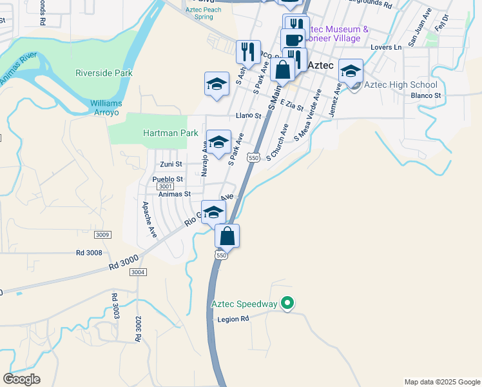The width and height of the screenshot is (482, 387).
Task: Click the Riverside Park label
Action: (x=104, y=73)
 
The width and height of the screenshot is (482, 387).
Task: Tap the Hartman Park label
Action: (x=170, y=133)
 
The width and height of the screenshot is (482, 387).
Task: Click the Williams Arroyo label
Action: (x=105, y=108)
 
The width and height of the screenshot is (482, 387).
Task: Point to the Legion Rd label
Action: (x=233, y=319)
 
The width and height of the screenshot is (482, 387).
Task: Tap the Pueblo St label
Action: (x=168, y=179)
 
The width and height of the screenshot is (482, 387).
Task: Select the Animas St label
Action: (x=175, y=193)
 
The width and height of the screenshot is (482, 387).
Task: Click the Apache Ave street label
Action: (x=149, y=219)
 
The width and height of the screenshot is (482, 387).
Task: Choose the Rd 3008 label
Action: (x=89, y=253)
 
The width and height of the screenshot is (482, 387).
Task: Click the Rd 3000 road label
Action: (x=123, y=261)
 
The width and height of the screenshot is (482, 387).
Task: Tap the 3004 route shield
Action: (x=137, y=272)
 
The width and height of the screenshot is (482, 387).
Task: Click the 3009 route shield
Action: (x=102, y=234)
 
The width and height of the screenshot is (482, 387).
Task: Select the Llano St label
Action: (x=248, y=116)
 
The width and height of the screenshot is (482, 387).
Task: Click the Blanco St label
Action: (x=425, y=95)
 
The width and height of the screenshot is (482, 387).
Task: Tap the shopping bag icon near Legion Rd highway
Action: (x=227, y=236)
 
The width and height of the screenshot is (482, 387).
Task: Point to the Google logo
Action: (x=21, y=379)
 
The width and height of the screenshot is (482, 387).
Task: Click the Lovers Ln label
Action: (x=386, y=47)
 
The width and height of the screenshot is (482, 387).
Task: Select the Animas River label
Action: (x=17, y=70)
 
